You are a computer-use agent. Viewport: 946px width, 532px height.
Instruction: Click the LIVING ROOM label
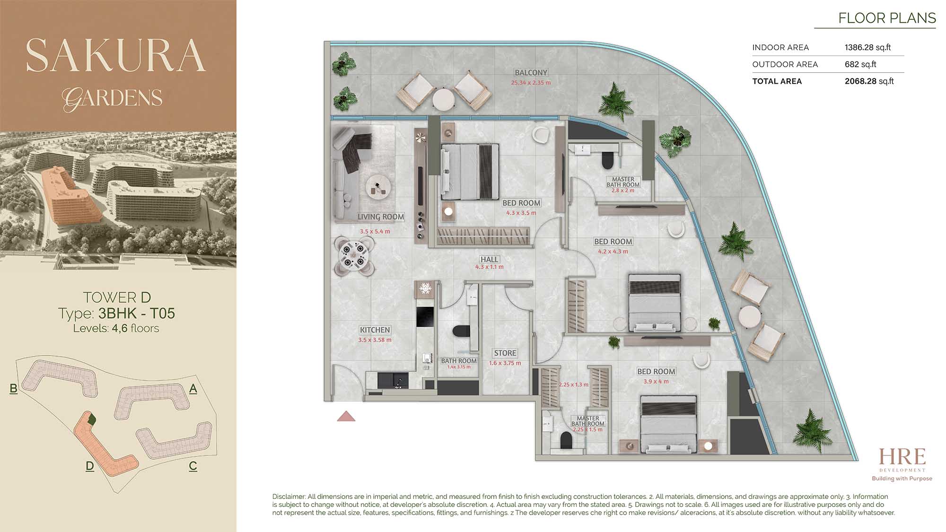(x=381, y=217)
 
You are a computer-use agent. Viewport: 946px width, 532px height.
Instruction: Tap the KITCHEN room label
(x=375, y=330)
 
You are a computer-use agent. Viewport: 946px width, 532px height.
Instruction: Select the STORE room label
(x=505, y=353)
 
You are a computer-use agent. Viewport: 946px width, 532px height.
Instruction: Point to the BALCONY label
(x=531, y=73)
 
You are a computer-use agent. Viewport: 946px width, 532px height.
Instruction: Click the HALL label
(x=489, y=260)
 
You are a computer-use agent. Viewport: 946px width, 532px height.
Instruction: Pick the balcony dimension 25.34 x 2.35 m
(x=531, y=83)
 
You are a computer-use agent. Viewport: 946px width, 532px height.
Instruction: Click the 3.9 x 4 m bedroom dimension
(x=656, y=382)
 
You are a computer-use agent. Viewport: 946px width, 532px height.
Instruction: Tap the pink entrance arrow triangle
(x=346, y=416)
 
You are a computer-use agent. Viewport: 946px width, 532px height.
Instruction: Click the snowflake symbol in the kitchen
(x=425, y=288)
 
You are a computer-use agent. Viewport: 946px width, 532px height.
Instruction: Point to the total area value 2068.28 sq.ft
(x=869, y=81)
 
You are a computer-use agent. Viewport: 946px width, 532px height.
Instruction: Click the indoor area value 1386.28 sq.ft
(x=867, y=47)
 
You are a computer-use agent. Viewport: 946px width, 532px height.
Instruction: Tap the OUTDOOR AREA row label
(x=785, y=64)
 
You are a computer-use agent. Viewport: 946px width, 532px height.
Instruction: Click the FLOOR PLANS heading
(x=887, y=18)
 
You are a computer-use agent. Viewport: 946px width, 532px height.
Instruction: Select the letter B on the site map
(x=13, y=389)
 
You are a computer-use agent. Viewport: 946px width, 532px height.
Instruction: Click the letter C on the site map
(x=193, y=466)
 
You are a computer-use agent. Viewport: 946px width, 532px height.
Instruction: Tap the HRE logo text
(x=902, y=457)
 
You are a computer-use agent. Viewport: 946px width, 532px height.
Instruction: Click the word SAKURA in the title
(x=116, y=55)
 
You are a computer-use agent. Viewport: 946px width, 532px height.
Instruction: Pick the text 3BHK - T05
(x=137, y=313)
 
